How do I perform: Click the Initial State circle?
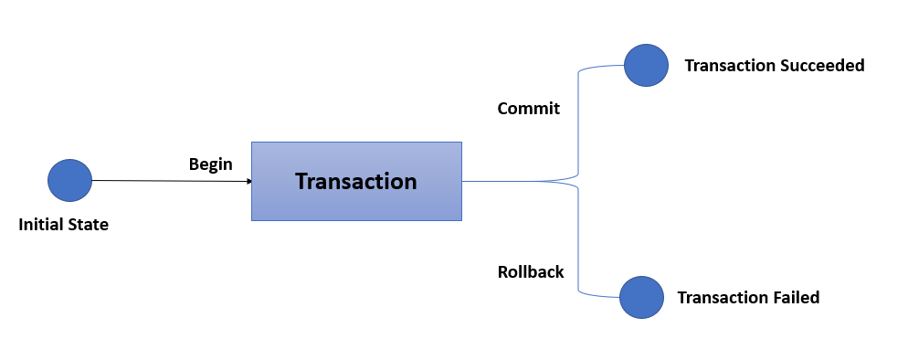69,180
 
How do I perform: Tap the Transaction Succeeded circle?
646,66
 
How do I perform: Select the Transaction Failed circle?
641,297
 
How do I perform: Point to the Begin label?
210,164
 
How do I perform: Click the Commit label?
528,108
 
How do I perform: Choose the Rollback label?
530,271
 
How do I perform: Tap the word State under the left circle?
89,224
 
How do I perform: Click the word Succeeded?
821,66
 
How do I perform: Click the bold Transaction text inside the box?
356,181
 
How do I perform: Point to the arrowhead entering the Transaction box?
248,181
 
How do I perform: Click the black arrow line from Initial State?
164,180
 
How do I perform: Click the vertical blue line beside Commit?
578,119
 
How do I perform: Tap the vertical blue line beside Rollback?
578,242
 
